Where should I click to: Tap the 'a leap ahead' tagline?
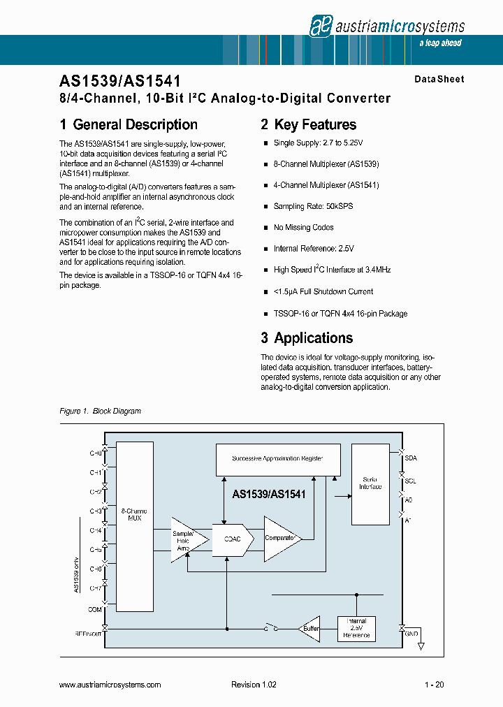[440, 43]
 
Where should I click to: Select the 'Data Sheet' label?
[439, 79]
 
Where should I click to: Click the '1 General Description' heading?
[129, 125]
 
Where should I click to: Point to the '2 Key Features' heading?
[308, 125]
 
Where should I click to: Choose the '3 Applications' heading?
[307, 338]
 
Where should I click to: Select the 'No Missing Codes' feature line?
[303, 228]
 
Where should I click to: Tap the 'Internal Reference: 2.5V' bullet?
[314, 249]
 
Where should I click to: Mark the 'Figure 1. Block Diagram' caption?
[101, 411]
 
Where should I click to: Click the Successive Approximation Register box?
[277, 458]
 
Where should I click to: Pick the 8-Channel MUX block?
[134, 526]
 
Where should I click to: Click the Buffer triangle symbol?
[309, 628]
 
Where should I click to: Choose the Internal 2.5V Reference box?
[356, 629]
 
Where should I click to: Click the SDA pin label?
[411, 458]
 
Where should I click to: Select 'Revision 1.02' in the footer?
[254, 685]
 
